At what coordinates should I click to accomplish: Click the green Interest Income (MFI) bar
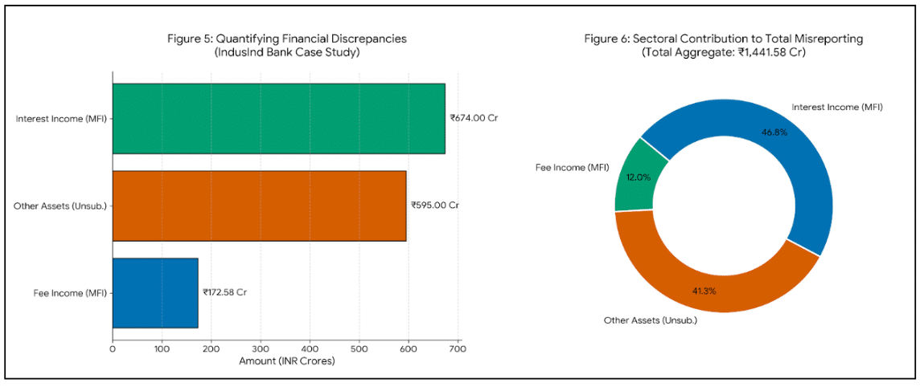tap(278, 118)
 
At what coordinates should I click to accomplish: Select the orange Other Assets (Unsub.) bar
tap(259, 206)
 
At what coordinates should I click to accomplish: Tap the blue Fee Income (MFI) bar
tap(155, 292)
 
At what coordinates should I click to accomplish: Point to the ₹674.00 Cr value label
tap(474, 118)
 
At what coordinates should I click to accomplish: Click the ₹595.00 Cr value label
tap(434, 206)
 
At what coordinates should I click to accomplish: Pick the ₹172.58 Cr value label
tap(224, 292)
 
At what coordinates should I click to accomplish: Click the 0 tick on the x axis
tap(113, 349)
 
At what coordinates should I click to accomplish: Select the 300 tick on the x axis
tap(261, 349)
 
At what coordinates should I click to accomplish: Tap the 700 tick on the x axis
tap(458, 349)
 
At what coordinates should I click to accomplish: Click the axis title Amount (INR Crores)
tap(286, 361)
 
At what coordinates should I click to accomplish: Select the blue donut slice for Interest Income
tap(764, 145)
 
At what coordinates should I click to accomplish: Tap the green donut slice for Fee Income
tap(639, 177)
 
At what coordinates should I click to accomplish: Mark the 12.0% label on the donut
tap(639, 177)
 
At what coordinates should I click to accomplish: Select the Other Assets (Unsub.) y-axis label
tap(60, 206)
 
